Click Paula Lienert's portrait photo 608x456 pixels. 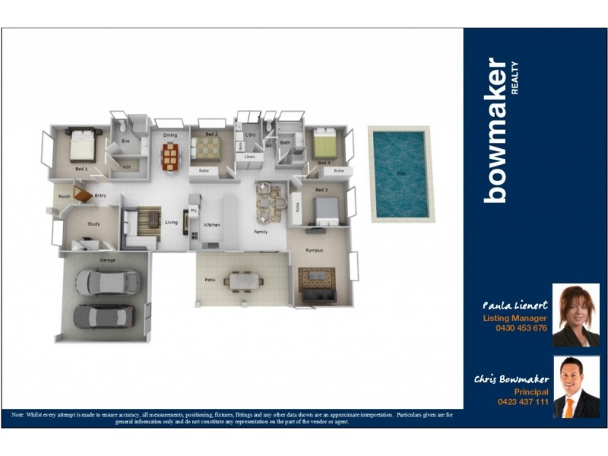[x=575, y=315]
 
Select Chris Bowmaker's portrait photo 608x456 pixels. [x=575, y=387]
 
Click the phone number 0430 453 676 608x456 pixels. [x=521, y=328]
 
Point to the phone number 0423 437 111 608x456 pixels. [x=522, y=401]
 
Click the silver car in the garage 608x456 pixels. [x=107, y=283]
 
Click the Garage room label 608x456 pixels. [x=107, y=261]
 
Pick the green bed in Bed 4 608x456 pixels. [x=325, y=144]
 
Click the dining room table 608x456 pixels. [x=170, y=157]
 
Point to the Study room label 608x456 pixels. [x=93, y=224]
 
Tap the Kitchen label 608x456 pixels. [x=211, y=225]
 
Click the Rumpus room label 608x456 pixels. [x=315, y=249]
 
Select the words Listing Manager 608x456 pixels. [x=515, y=318]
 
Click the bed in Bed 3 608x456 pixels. [x=326, y=209]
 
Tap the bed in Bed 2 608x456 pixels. [x=204, y=148]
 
